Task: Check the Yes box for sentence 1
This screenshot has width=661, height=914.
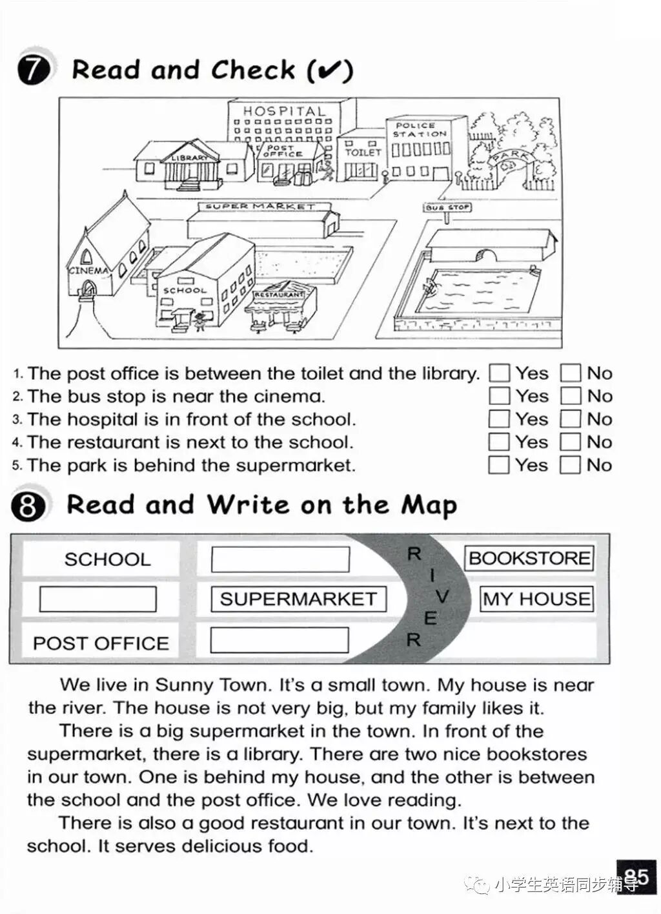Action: (x=499, y=373)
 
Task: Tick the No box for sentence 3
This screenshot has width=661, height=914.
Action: (x=571, y=419)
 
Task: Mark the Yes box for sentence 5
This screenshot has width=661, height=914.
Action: (x=499, y=465)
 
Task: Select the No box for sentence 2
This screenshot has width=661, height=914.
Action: (x=571, y=396)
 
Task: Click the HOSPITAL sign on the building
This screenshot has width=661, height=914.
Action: (x=284, y=112)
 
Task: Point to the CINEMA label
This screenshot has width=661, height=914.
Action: (x=88, y=271)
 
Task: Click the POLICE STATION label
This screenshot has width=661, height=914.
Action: (x=420, y=129)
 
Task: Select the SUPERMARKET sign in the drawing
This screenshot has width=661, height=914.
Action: (x=260, y=207)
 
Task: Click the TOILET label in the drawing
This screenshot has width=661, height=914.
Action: (x=363, y=152)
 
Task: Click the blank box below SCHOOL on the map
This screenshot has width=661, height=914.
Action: (x=98, y=599)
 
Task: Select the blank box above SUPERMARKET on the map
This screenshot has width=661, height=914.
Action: (x=280, y=559)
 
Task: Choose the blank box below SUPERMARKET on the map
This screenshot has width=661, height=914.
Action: (x=280, y=640)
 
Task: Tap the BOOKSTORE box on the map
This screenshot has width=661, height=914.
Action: (x=529, y=558)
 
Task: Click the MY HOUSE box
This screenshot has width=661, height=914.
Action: (x=536, y=599)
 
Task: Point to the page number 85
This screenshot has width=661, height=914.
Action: (x=636, y=877)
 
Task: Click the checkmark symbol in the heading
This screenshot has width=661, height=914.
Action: (x=329, y=70)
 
